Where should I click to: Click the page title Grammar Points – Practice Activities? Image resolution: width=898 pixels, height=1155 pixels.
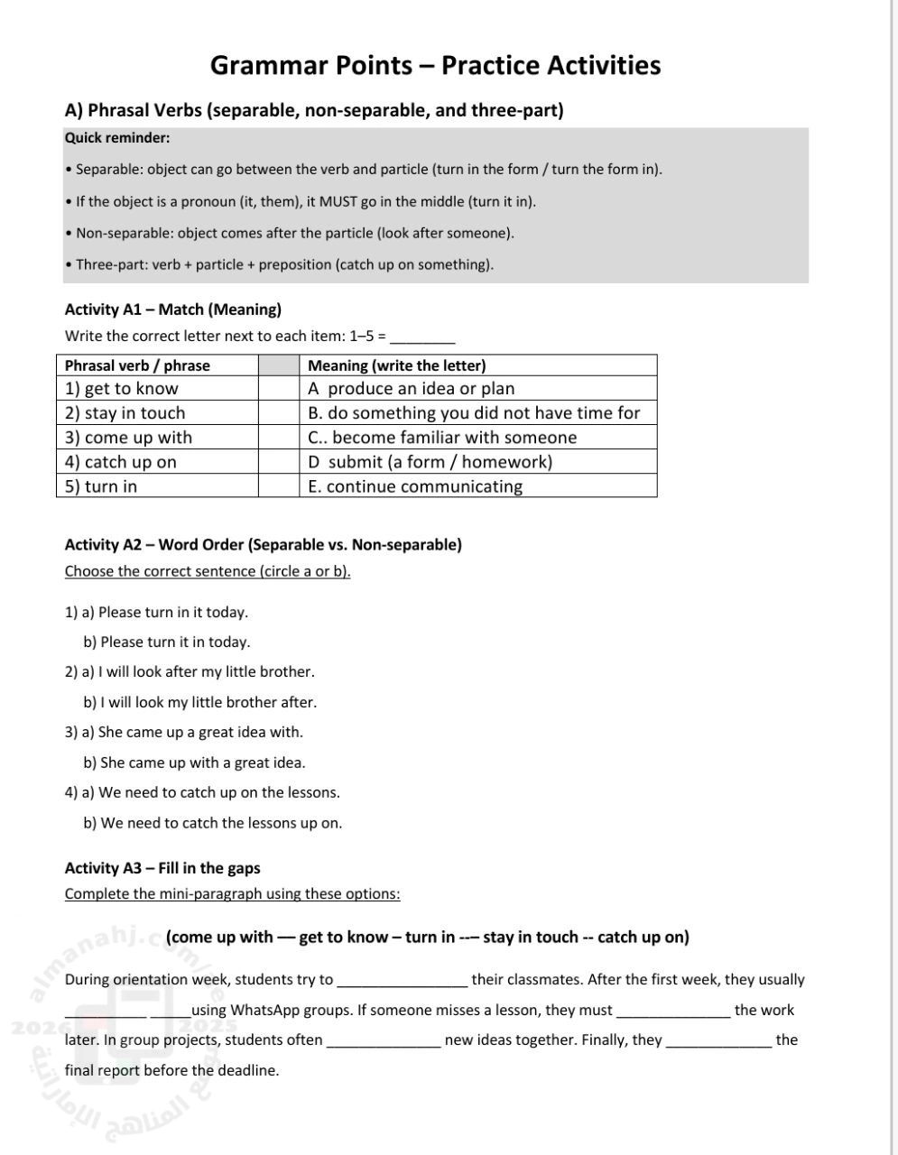pyautogui.click(x=435, y=66)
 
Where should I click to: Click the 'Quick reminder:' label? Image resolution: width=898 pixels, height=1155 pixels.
pyautogui.click(x=117, y=138)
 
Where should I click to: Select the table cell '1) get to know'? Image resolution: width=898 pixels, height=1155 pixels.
pyautogui.click(x=122, y=389)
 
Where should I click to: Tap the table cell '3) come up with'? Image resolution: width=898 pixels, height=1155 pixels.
pyautogui.click(x=128, y=438)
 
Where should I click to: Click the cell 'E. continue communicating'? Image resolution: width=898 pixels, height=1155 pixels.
pyautogui.click(x=415, y=486)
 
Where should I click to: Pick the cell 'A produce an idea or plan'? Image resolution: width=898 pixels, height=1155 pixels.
pyautogui.click(x=412, y=389)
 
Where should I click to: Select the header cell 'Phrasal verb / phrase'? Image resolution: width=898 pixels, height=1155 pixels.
pyautogui.click(x=137, y=365)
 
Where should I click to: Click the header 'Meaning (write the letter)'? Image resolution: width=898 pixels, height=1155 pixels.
pyautogui.click(x=397, y=365)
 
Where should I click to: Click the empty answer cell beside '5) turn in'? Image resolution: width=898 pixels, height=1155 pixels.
pyautogui.click(x=278, y=486)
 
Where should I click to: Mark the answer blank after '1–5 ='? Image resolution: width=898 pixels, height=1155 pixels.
pyautogui.click(x=422, y=337)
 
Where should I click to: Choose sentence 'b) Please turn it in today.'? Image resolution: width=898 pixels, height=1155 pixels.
pyautogui.click(x=167, y=642)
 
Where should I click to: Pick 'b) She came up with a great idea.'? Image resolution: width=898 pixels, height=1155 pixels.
pyautogui.click(x=194, y=762)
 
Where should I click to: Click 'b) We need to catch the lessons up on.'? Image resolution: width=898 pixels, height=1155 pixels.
pyautogui.click(x=212, y=823)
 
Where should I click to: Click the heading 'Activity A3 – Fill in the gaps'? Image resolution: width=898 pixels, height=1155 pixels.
pyautogui.click(x=162, y=868)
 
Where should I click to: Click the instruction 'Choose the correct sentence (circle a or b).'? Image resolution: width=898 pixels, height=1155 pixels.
pyautogui.click(x=208, y=571)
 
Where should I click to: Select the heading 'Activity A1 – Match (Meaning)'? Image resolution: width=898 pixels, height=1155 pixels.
pyautogui.click(x=173, y=310)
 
